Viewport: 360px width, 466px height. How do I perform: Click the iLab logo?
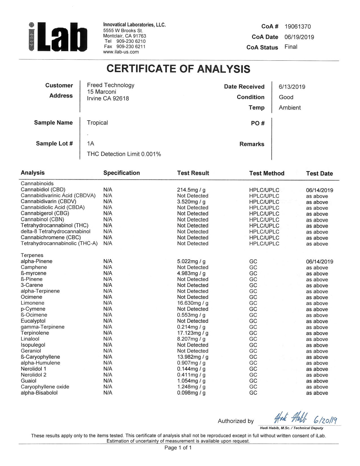coord(58,38)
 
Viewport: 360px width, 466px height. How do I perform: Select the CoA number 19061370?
coord(298,27)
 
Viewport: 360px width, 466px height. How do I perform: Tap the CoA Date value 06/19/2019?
coord(299,37)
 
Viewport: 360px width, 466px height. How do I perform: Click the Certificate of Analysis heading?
coord(178,69)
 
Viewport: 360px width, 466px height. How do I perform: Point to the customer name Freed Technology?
coord(111,85)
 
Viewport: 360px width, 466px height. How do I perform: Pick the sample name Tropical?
coord(97,123)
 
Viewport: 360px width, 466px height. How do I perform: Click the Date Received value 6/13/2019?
coord(292,87)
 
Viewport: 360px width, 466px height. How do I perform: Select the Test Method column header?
coord(267,173)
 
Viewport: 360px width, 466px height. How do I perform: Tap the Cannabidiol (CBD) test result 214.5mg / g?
coord(191,190)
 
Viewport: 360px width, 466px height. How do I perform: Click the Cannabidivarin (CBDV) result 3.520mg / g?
coord(191,202)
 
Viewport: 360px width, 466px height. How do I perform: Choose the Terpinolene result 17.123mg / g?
coord(193,333)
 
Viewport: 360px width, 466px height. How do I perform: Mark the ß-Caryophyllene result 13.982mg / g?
coord(193,357)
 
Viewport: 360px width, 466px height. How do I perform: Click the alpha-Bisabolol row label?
coord(39,393)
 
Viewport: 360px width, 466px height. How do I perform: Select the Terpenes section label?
coord(32,255)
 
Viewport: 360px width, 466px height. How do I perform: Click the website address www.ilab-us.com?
coord(121,52)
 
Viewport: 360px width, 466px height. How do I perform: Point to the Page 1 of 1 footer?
coord(178,448)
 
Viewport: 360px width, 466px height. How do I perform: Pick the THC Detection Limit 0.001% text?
coord(124,154)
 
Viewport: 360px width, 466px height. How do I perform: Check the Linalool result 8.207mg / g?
coord(191,339)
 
